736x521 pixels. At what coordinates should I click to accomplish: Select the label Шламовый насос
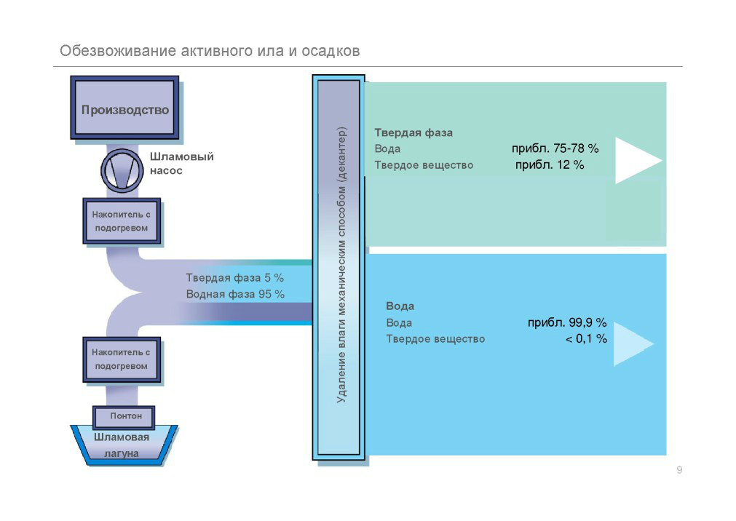pyautogui.click(x=181, y=163)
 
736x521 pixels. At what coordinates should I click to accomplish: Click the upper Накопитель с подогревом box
pyautogui.click(x=121, y=221)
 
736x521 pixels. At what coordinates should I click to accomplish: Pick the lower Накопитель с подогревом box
pyautogui.click(x=121, y=359)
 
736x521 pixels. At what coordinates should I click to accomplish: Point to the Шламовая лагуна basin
pyautogui.click(x=122, y=445)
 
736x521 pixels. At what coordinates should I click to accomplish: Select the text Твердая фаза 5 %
pyautogui.click(x=234, y=278)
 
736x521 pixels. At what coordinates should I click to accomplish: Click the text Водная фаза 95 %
pyautogui.click(x=235, y=294)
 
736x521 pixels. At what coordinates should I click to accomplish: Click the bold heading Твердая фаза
pyautogui.click(x=413, y=133)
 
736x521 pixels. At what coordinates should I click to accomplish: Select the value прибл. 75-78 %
pyautogui.click(x=555, y=148)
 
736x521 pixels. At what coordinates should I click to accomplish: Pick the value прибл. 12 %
pyautogui.click(x=550, y=165)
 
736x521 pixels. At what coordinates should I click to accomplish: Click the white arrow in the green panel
pyautogui.click(x=636, y=160)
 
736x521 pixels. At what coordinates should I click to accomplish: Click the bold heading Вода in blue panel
pyautogui.click(x=400, y=306)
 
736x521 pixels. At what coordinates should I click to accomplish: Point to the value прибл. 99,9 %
pyautogui.click(x=567, y=323)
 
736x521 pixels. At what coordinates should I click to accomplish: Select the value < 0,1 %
pyautogui.click(x=586, y=339)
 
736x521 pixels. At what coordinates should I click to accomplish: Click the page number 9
pyautogui.click(x=679, y=470)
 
